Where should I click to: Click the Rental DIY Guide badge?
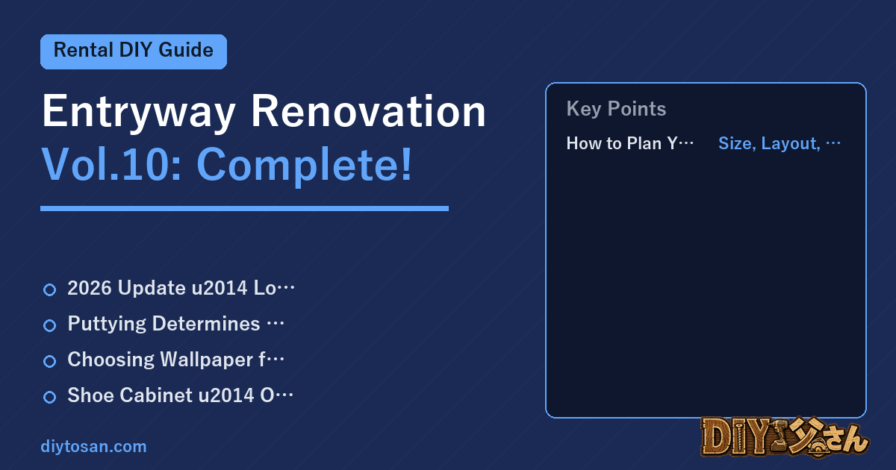pyautogui.click(x=134, y=51)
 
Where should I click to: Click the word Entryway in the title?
pyautogui.click(x=138, y=112)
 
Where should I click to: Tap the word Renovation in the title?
pyautogui.click(x=368, y=111)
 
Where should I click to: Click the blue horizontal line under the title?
pyautogui.click(x=244, y=208)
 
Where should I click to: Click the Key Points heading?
pyautogui.click(x=616, y=109)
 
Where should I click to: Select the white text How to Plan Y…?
pyautogui.click(x=630, y=143)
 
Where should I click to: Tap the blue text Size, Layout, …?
pyautogui.click(x=780, y=143)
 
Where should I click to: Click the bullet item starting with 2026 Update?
pyautogui.click(x=181, y=288)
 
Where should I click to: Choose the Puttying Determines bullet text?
pyautogui.click(x=176, y=324)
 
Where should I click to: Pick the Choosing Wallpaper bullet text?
pyautogui.click(x=176, y=360)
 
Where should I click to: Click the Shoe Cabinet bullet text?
pyautogui.click(x=181, y=395)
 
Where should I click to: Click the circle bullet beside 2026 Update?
pyautogui.click(x=49, y=289)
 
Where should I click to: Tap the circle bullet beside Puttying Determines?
pyautogui.click(x=49, y=325)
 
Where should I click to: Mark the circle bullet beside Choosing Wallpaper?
pyautogui.click(x=49, y=361)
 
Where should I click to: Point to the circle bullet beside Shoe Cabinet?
pyautogui.click(x=49, y=397)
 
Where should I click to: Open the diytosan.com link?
pyautogui.click(x=93, y=446)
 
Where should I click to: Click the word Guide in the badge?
pyautogui.click(x=186, y=51)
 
